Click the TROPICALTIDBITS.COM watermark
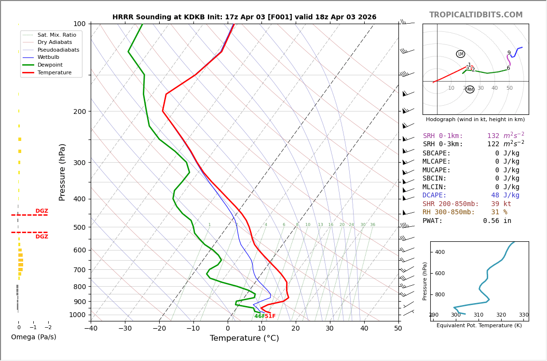coord(476,15)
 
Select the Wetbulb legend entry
coord(48,57)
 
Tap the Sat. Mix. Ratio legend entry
coord(56,35)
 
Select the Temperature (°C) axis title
coord(244,338)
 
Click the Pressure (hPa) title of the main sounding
coord(63,172)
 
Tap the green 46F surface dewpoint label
coord(259,317)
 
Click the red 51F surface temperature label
coord(270,317)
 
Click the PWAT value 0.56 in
coord(497,221)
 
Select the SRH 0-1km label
coord(443,136)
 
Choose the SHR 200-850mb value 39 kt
coord(501,204)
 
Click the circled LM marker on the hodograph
coord(461,54)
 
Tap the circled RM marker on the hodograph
coord(470,89)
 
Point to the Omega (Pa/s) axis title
coord(34,337)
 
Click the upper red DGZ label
coord(42,211)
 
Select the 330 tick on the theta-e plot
coord(523,315)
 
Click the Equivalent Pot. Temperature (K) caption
coord(479,326)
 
